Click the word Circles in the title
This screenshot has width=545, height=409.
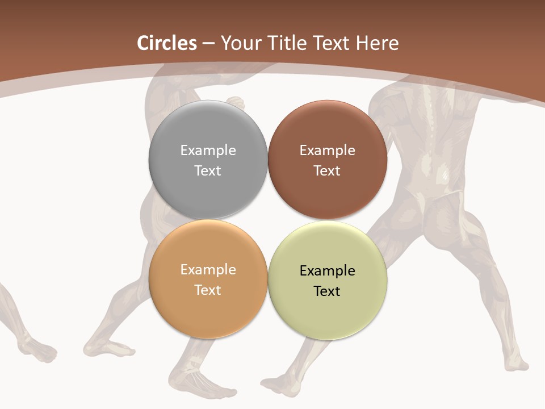pyautogui.click(x=166, y=43)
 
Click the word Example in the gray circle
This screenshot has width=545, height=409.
pyautogui.click(x=208, y=150)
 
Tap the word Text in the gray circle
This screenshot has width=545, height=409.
pyautogui.click(x=208, y=170)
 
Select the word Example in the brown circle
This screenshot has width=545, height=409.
pyautogui.click(x=328, y=150)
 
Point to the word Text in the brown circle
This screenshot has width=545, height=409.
pyautogui.click(x=328, y=170)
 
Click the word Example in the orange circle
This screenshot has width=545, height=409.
pyautogui.click(x=208, y=269)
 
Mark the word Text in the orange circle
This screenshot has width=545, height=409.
pyautogui.click(x=208, y=290)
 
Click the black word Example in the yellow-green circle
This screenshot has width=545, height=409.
pyautogui.click(x=328, y=270)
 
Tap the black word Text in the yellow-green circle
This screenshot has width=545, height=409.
pyautogui.click(x=328, y=291)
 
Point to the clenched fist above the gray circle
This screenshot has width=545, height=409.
pyautogui.click(x=236, y=102)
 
